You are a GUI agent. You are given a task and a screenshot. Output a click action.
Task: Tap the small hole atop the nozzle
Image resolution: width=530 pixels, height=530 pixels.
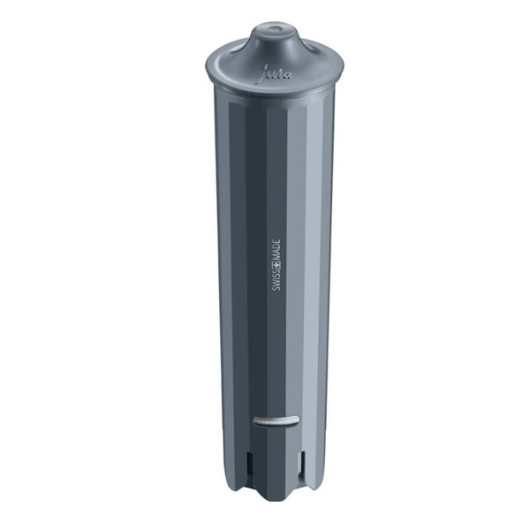(272, 30)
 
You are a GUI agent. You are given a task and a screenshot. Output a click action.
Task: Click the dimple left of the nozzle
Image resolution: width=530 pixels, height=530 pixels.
(231, 56)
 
